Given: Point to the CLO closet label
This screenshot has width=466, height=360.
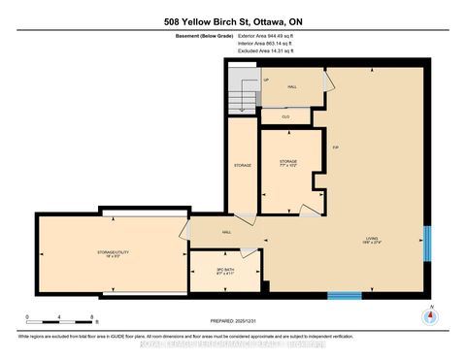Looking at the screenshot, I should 285,115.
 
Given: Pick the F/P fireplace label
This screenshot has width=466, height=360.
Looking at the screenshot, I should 335,147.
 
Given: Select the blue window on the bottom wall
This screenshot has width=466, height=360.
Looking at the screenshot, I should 344,295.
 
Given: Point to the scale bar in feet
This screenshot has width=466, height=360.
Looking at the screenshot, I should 60,318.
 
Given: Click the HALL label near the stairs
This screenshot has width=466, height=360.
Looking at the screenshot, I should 291,86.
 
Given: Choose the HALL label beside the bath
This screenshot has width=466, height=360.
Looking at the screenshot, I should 225,233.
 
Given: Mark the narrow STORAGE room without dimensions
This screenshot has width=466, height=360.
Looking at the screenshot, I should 243,165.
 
